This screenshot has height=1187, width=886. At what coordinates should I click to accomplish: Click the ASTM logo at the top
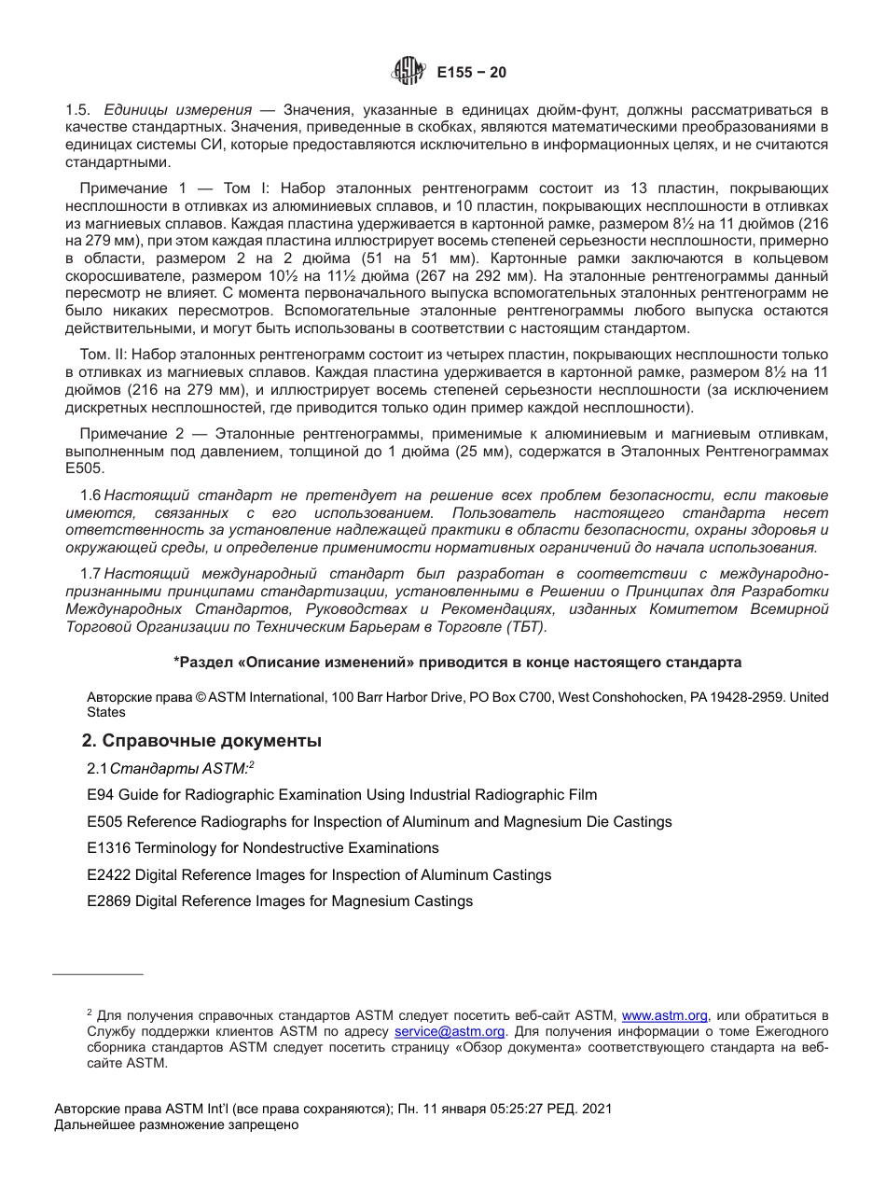click(407, 71)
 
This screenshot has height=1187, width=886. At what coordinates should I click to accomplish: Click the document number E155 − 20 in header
click(471, 73)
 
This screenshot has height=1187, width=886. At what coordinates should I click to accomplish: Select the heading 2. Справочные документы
click(203, 741)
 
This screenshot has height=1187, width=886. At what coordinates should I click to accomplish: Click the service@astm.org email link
click(450, 1031)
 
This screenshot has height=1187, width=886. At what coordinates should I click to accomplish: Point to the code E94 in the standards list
click(98, 795)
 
